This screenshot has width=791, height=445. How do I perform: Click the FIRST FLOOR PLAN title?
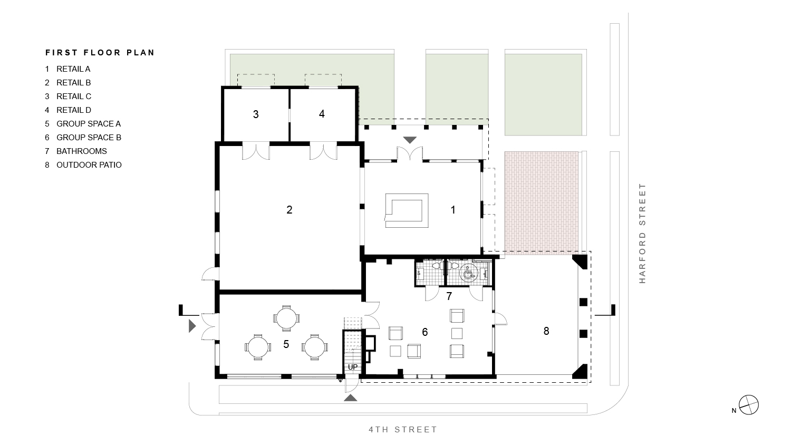100,53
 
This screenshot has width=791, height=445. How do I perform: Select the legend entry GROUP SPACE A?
88,124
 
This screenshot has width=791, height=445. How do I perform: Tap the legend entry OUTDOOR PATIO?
89,165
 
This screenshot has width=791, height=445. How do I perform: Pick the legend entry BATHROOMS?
81,151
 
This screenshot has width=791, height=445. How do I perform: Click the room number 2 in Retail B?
289,210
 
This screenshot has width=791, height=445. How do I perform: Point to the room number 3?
256,114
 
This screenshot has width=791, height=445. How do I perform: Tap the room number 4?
322,113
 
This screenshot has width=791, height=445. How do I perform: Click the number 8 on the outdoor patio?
546,331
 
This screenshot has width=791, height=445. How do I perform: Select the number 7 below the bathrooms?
449,296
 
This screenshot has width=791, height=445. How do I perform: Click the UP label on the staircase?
353,367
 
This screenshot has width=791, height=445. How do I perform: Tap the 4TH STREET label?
403,430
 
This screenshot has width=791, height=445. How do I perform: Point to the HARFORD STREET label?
642,233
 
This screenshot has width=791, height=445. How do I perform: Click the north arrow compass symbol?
749,405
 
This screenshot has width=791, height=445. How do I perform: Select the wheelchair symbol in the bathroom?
467,273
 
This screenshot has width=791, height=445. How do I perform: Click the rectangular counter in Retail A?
406,210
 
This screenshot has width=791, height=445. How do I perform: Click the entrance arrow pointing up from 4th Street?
351,398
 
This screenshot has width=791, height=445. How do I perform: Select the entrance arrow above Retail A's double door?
410,140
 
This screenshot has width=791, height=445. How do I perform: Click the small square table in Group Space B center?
457,333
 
